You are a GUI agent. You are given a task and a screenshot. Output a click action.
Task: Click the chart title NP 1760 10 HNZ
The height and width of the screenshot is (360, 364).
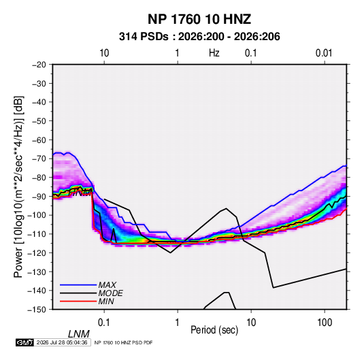click(x=199, y=19)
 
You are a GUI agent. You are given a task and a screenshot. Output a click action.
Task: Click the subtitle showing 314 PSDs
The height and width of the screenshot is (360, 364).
click(x=199, y=37)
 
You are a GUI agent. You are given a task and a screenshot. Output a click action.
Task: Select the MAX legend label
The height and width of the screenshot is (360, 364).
click(x=107, y=284)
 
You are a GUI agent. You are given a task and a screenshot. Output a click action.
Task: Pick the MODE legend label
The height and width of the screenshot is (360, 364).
click(x=110, y=293)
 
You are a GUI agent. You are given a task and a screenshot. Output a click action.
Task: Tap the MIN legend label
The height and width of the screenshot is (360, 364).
click(x=106, y=301)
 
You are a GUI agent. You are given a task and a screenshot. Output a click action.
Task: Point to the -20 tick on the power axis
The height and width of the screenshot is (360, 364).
click(x=39, y=65)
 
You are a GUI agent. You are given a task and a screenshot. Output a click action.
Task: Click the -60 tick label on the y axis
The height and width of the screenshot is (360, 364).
click(x=39, y=140)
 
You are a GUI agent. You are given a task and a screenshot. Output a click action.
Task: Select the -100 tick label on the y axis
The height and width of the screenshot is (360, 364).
click(x=37, y=215)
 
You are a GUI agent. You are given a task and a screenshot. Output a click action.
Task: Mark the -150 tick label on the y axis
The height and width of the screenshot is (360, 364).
click(x=37, y=310)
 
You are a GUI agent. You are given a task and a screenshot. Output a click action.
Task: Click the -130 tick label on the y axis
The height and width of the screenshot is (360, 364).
click(x=37, y=272)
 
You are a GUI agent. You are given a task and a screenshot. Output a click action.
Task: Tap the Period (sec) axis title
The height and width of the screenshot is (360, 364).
click(x=214, y=330)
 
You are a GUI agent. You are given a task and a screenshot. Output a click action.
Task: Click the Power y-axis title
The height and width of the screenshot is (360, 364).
click(x=18, y=187)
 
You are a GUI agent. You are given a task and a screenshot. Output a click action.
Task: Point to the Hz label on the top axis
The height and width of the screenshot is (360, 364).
click(x=214, y=53)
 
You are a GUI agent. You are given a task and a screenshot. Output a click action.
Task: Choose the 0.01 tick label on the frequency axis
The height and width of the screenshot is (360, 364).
click(x=324, y=53)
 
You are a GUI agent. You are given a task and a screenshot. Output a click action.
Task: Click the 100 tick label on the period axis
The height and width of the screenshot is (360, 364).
click(x=325, y=323)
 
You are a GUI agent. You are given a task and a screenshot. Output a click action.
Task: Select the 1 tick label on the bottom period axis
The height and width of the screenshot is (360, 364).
click(x=177, y=323)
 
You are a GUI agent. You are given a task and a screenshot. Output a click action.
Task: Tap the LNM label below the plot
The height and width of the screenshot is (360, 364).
click(x=79, y=334)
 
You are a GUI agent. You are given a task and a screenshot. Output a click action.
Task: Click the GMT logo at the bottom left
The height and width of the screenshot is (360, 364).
click(x=24, y=342)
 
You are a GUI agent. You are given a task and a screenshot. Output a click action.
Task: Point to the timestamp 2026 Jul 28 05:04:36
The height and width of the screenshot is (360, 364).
click(x=62, y=342)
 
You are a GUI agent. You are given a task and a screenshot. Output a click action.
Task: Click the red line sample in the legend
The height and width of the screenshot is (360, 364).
click(x=78, y=301)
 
